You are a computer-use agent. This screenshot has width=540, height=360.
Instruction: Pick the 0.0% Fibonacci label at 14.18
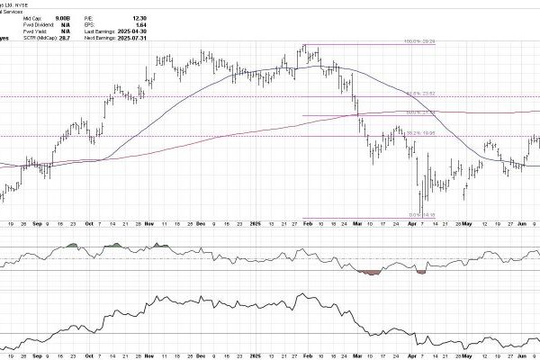pos(426,213)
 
